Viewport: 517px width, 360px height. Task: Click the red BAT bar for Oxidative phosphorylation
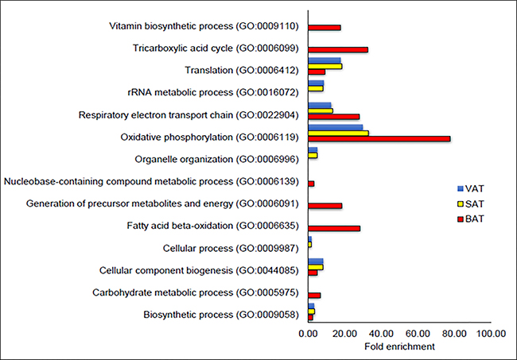point(379,138)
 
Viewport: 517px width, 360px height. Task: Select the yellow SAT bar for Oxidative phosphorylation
point(338,133)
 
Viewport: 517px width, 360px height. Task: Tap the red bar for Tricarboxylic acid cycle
point(337,49)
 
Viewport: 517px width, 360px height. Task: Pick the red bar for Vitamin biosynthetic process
point(324,27)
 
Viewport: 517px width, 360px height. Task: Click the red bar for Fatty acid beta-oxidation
point(333,228)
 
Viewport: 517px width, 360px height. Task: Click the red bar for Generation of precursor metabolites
point(325,206)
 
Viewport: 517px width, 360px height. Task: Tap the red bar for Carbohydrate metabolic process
point(314,295)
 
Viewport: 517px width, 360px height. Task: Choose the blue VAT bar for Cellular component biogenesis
point(315,261)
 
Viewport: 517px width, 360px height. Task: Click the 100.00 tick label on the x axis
point(490,334)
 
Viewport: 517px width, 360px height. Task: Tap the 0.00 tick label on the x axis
point(308,334)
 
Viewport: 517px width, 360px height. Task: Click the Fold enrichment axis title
point(399,346)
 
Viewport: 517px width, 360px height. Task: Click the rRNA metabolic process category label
point(208,93)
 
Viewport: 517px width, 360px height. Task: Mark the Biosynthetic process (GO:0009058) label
point(222,315)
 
